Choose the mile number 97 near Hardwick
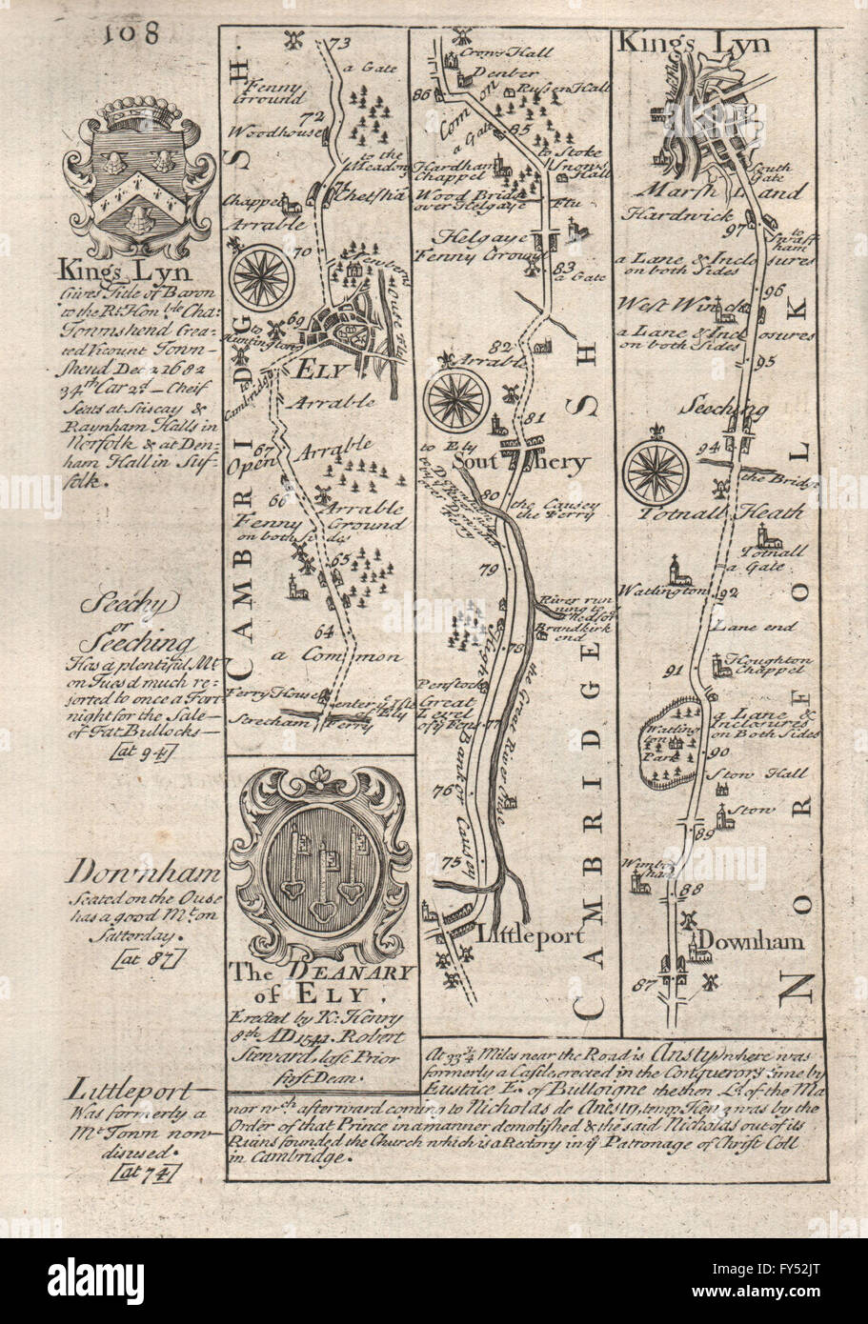click(758, 230)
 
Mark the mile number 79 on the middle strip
click(491, 571)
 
